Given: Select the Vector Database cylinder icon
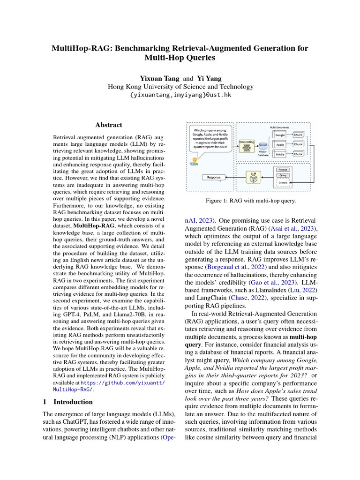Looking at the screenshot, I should click(263, 146).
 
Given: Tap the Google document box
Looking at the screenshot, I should click(280, 135).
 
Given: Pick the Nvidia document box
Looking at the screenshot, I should click(280, 154).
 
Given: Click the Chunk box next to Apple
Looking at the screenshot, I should click(298, 144).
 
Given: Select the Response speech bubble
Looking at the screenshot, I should click(214, 177).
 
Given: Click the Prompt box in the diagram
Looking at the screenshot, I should click(283, 169).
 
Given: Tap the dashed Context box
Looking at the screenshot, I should click(283, 183).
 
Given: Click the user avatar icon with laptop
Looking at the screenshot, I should click(194, 160).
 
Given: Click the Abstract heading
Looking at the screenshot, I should click(109, 125).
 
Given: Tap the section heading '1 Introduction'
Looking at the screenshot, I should click(67, 402).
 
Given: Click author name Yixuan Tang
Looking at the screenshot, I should click(153, 78).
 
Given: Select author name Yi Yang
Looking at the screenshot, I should click(210, 78).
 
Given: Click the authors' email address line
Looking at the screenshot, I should click(180, 95).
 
